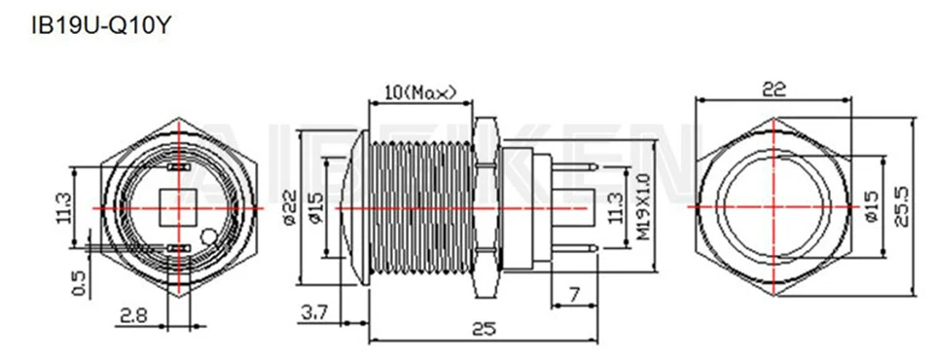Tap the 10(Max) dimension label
pyautogui.click(x=420, y=92)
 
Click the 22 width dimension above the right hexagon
pyautogui.click(x=773, y=89)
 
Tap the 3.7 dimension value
pyautogui.click(x=314, y=311)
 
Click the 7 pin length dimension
pyautogui.click(x=574, y=293)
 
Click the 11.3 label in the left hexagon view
pyautogui.click(x=65, y=207)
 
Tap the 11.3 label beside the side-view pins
pyautogui.click(x=612, y=207)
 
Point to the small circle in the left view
pyautogui.click(x=207, y=236)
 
